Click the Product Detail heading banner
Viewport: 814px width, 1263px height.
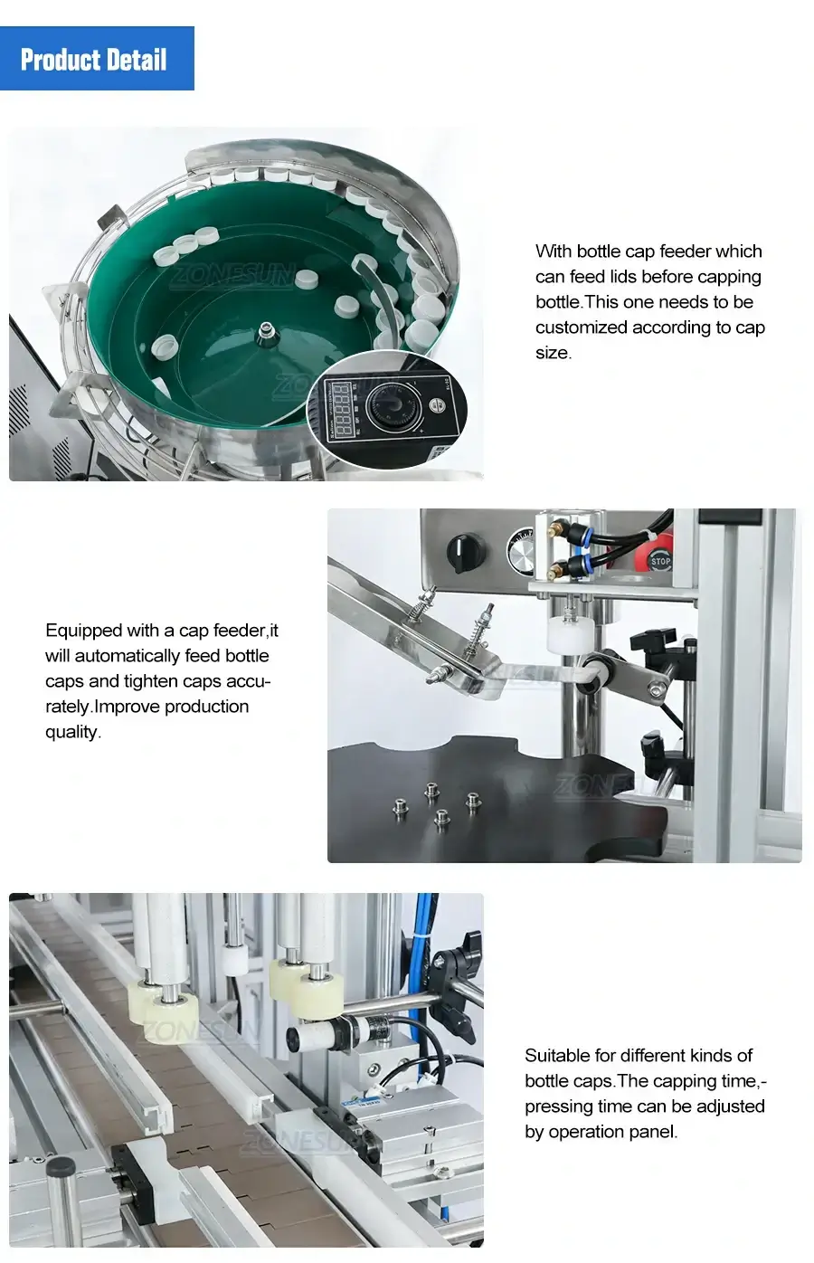point(97,59)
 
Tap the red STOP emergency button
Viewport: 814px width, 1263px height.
point(659,560)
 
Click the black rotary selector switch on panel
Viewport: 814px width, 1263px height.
point(469,551)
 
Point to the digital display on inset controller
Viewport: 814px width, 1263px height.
point(340,411)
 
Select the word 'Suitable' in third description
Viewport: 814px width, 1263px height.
point(555,1055)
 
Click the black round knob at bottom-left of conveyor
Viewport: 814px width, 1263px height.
point(62,1171)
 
